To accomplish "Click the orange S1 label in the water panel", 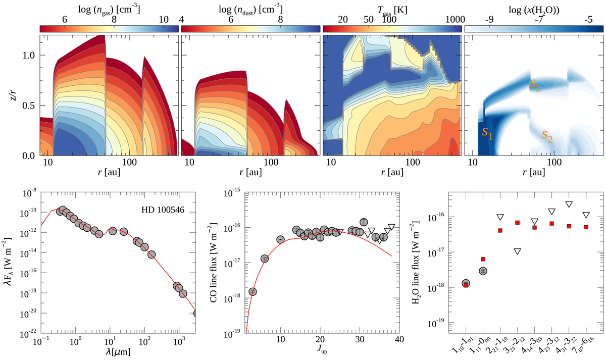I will pyautogui.click(x=486, y=133).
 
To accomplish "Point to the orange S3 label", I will pyautogui.click(x=535, y=85).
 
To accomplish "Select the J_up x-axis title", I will pyautogui.click(x=320, y=350).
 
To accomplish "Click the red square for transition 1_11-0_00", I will pyautogui.click(x=483, y=260).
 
